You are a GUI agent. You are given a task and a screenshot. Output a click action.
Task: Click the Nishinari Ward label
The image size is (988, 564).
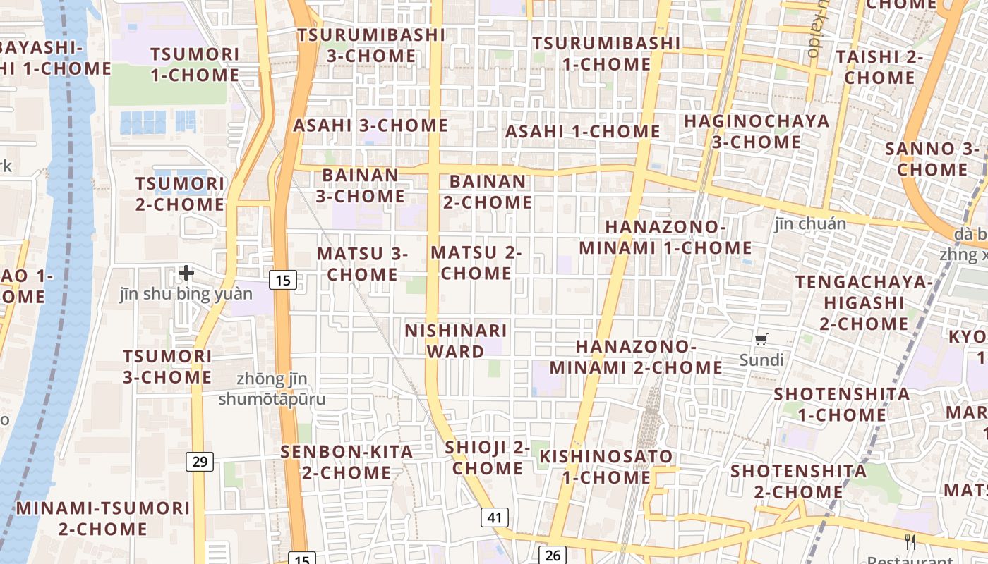tap(455, 341)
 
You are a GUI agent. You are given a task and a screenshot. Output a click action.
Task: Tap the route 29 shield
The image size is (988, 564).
tap(200, 462)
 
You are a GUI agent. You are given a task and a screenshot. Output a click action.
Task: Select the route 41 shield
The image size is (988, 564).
tap(494, 517)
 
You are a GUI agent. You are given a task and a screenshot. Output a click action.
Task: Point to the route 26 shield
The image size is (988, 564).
tap(553, 555)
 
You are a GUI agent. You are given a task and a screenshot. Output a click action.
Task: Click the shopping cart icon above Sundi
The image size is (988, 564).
tap(761, 341)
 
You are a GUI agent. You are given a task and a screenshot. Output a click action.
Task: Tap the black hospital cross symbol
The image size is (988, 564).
tap(186, 272)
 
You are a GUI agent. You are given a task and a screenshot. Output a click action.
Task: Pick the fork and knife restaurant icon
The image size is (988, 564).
tap(910, 541)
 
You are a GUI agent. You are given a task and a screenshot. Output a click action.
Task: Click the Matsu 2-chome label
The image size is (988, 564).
tap(476, 262)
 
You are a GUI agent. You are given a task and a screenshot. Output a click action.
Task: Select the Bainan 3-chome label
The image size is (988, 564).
tap(360, 185)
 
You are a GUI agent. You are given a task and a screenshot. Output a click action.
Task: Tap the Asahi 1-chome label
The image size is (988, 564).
tap(582, 131)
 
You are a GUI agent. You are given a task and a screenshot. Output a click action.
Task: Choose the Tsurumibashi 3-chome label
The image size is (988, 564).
tap(370, 44)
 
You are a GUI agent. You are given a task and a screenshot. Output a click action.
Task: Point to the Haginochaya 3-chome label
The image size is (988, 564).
tap(757, 131)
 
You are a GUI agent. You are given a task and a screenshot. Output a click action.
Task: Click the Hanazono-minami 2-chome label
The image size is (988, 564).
tap(636, 357)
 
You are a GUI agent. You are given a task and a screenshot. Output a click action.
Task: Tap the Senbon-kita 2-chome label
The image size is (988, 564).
tap(347, 462)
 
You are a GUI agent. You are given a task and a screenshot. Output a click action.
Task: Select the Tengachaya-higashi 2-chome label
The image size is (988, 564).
tap(864, 303)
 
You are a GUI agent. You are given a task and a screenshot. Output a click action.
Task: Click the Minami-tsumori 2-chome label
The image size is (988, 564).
tap(103, 518)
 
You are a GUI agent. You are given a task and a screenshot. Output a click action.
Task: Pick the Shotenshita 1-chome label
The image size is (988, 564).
tap(841, 404)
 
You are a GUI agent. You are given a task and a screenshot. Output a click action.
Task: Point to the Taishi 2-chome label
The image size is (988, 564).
tap(879, 66)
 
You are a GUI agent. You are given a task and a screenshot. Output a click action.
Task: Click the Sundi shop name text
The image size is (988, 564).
tap(761, 360)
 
